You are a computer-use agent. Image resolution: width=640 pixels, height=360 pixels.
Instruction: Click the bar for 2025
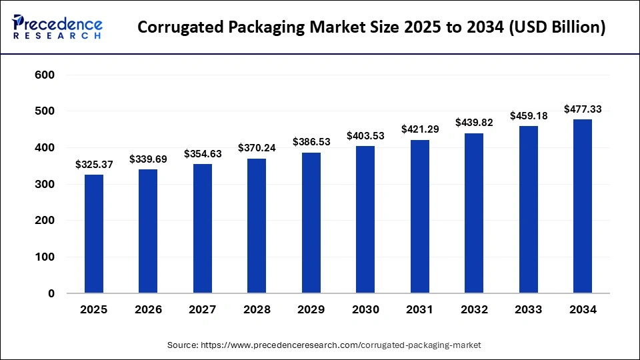94,233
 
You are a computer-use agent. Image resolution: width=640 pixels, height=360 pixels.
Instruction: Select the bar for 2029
311,223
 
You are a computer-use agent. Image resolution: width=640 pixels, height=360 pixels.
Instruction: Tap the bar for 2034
582,206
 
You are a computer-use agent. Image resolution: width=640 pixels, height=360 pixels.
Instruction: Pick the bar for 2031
419,216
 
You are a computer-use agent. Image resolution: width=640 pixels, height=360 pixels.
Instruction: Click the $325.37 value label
94,164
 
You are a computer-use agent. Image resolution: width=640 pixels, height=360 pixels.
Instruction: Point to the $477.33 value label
582,109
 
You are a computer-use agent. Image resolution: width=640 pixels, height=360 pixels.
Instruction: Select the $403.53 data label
365,136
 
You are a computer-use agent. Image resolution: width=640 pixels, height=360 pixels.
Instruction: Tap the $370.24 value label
257,148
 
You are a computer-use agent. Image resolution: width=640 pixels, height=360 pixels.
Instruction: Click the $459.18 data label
528,115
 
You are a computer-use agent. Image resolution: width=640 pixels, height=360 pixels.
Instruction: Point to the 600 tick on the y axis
44,75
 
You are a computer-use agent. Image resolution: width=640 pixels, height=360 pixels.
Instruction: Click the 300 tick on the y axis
44,185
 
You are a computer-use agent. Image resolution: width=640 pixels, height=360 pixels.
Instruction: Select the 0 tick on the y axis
51,293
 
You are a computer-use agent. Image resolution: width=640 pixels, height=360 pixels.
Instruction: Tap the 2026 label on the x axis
148,309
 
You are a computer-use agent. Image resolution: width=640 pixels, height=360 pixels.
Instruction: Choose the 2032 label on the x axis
473,309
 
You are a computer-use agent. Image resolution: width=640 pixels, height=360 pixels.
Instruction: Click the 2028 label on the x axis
257,309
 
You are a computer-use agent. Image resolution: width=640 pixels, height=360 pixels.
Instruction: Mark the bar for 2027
203,228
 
